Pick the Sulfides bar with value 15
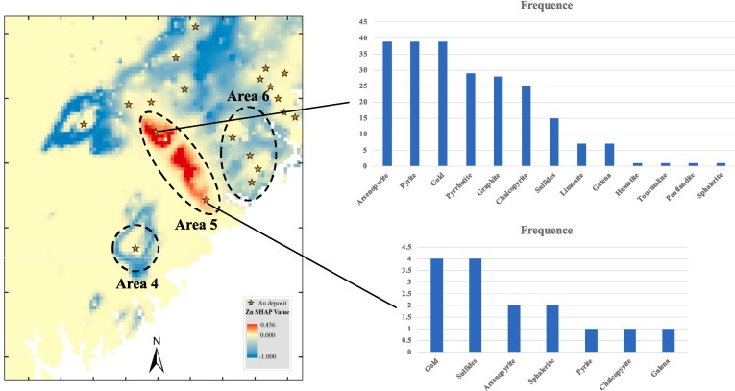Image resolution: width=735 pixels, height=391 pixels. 553,142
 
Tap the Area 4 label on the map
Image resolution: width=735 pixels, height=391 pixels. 137,284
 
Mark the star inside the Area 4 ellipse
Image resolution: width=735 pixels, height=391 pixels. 135,248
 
